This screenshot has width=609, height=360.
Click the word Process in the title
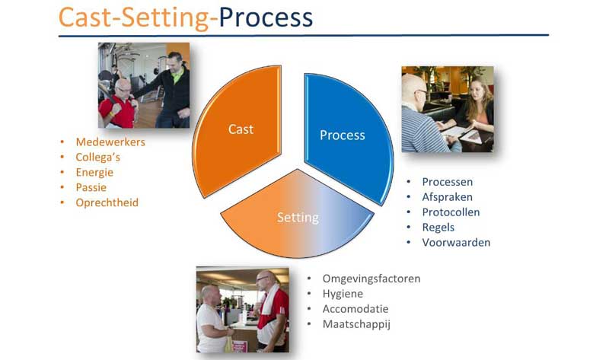tap(266, 18)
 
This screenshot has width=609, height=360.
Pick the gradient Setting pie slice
tap(298, 217)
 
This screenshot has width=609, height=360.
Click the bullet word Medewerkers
tap(110, 142)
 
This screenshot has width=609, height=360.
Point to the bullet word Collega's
tap(98, 158)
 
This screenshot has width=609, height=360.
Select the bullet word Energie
tap(94, 173)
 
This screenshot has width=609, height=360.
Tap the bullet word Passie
tap(91, 187)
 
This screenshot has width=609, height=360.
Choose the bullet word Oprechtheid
tap(107, 202)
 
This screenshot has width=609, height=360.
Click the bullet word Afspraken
tap(447, 197)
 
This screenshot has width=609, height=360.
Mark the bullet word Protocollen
tap(451, 212)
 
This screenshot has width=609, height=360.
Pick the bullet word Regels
tap(438, 228)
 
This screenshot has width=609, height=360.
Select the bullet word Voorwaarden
tap(456, 243)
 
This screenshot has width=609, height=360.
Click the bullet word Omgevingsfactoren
tap(371, 279)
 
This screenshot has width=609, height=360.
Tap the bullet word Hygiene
tap(343, 294)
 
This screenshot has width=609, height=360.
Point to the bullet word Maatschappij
tap(356, 324)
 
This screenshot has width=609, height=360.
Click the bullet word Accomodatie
tap(356, 309)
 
